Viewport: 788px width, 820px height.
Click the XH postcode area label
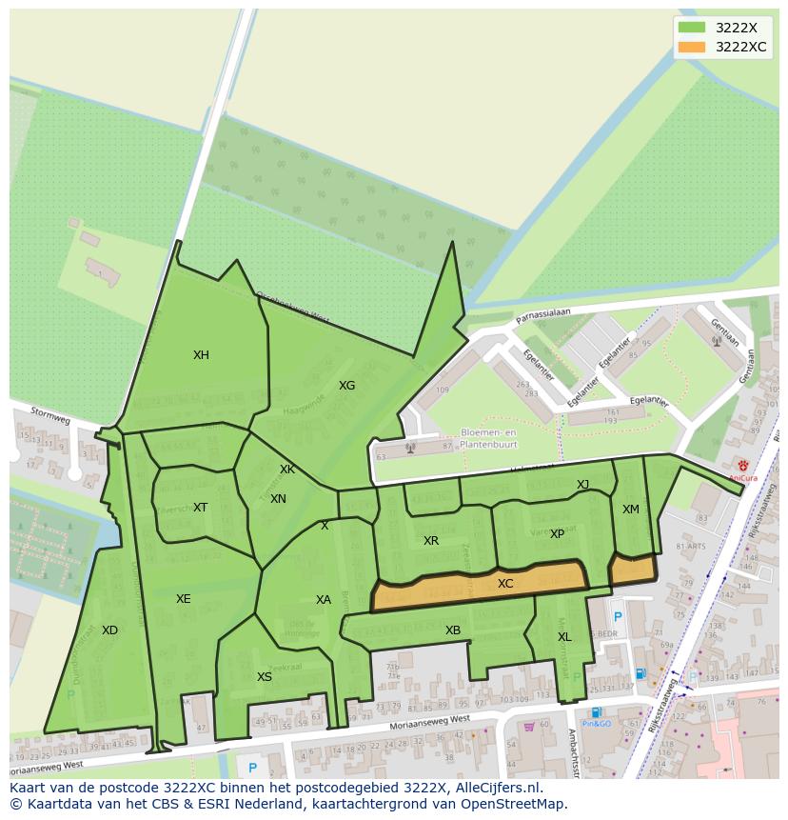[201, 355]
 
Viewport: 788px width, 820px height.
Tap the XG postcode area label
[346, 386]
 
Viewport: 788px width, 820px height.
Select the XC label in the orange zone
[505, 584]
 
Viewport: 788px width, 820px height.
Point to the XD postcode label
[109, 630]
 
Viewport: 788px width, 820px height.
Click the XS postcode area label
[265, 677]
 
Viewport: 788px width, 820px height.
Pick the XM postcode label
[631, 510]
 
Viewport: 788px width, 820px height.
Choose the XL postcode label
[564, 637]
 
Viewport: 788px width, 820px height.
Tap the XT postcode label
[200, 508]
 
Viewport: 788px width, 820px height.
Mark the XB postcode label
[453, 630]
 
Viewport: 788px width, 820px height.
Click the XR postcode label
[431, 541]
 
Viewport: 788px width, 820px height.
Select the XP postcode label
[557, 534]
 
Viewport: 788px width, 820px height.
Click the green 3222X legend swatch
[692, 28]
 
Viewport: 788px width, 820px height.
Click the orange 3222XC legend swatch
[692, 47]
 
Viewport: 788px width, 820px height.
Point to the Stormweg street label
[49, 416]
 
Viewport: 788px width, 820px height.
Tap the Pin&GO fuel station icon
[596, 712]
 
